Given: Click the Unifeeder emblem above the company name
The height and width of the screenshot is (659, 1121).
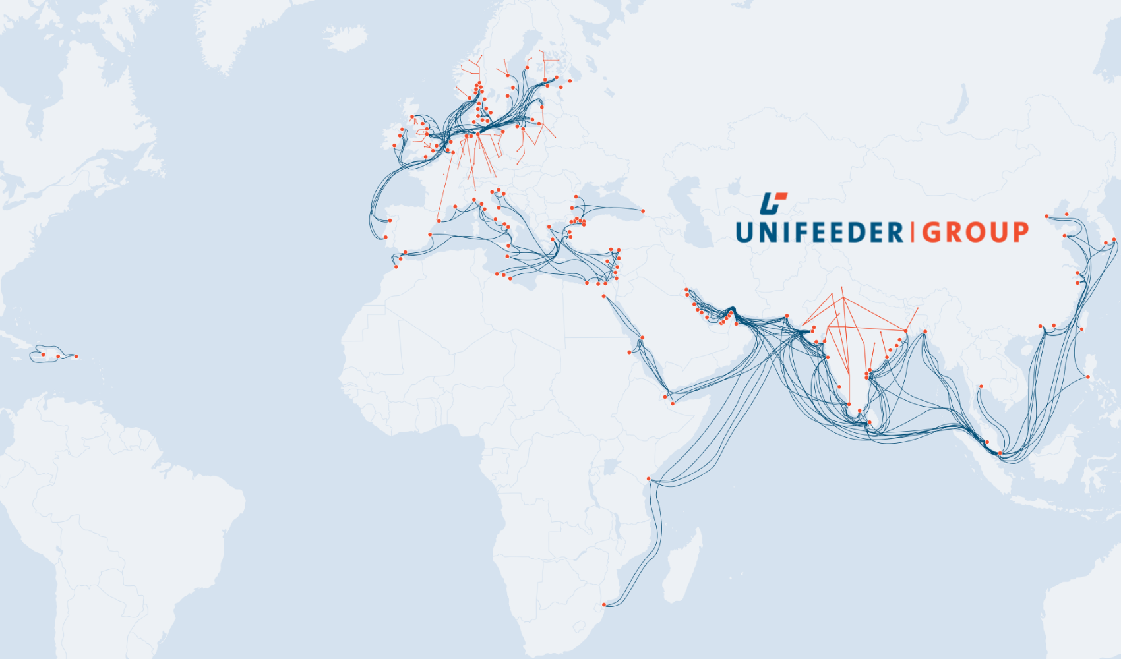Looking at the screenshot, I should [x=773, y=203].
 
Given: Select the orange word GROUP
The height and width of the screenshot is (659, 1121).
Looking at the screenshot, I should [x=975, y=233].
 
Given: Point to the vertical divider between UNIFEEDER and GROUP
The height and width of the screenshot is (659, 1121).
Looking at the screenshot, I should [x=913, y=232].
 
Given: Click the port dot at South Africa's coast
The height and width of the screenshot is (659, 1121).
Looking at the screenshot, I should [x=604, y=605].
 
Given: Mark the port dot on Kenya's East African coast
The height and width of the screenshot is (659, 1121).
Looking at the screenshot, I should [x=649, y=478].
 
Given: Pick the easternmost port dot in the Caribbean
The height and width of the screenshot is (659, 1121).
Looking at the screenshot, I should [x=76, y=357].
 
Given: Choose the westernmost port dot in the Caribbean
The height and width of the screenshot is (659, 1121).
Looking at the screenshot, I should [x=44, y=355].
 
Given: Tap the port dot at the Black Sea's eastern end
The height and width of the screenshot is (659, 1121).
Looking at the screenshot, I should [x=643, y=211].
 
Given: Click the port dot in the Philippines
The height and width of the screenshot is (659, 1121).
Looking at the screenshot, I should [x=1087, y=377].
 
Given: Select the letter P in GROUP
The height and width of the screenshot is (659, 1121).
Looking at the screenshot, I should [x=1019, y=233].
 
